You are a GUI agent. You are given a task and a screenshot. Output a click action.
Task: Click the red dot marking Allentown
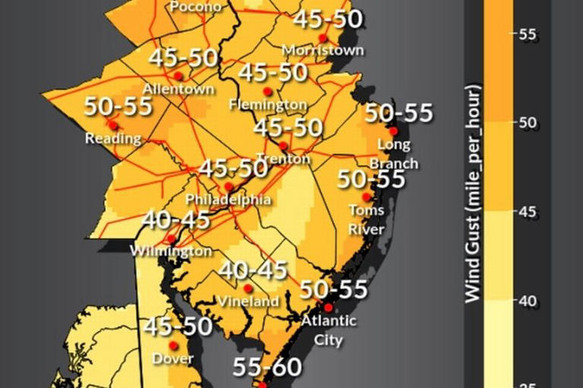[178, 75]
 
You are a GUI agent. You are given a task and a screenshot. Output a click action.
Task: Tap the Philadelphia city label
[228, 200]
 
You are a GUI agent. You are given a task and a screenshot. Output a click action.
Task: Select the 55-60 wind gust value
[267, 367]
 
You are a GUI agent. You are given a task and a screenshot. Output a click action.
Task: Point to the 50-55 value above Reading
[118, 106]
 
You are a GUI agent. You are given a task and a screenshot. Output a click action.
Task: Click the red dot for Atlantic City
[328, 308]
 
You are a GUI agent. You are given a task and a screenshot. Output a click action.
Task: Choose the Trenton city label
[283, 159]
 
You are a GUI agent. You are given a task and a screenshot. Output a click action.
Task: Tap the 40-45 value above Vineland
[253, 270]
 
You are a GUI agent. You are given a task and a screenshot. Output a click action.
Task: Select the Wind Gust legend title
[473, 194]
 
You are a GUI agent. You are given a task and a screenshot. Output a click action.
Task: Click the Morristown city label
[323, 50]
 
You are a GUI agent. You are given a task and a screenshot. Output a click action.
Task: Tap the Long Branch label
[394, 153]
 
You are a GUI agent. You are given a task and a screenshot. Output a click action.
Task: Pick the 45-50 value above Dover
[178, 327]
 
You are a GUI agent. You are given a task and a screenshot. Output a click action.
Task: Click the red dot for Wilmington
[172, 238]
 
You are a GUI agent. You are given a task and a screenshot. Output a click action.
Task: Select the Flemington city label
[268, 104]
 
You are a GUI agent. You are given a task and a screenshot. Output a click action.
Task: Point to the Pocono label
[196, 7]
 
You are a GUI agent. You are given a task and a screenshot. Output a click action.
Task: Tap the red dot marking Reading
[112, 125]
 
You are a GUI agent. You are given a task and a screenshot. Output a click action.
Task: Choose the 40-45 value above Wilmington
[176, 220]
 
